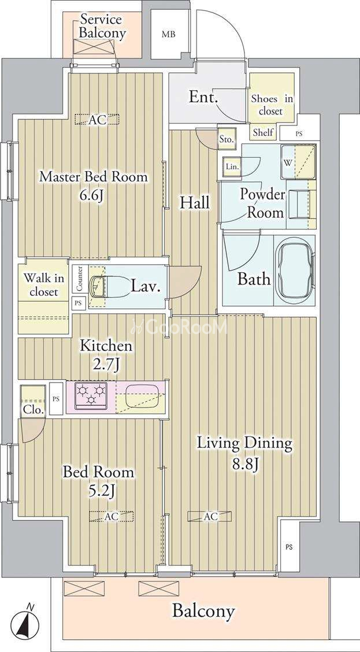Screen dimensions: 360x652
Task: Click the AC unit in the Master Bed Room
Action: point(97,120)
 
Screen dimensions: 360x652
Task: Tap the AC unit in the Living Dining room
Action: point(210,516)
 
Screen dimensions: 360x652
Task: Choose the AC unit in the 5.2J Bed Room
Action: point(112,516)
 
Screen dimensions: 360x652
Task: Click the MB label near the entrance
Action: point(168,34)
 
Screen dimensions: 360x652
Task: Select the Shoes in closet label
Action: point(272,105)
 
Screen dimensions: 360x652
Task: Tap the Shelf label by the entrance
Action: point(263,132)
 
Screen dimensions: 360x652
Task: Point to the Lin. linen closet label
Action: point(232,166)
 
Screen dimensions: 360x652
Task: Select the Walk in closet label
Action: point(40,284)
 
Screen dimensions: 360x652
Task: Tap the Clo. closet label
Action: point(34,410)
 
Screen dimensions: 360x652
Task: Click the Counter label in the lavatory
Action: point(79,279)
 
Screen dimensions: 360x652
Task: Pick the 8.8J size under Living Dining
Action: point(244,463)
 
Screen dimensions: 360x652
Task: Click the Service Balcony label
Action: point(102,26)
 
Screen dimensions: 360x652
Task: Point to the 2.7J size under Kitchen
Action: point(106,365)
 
